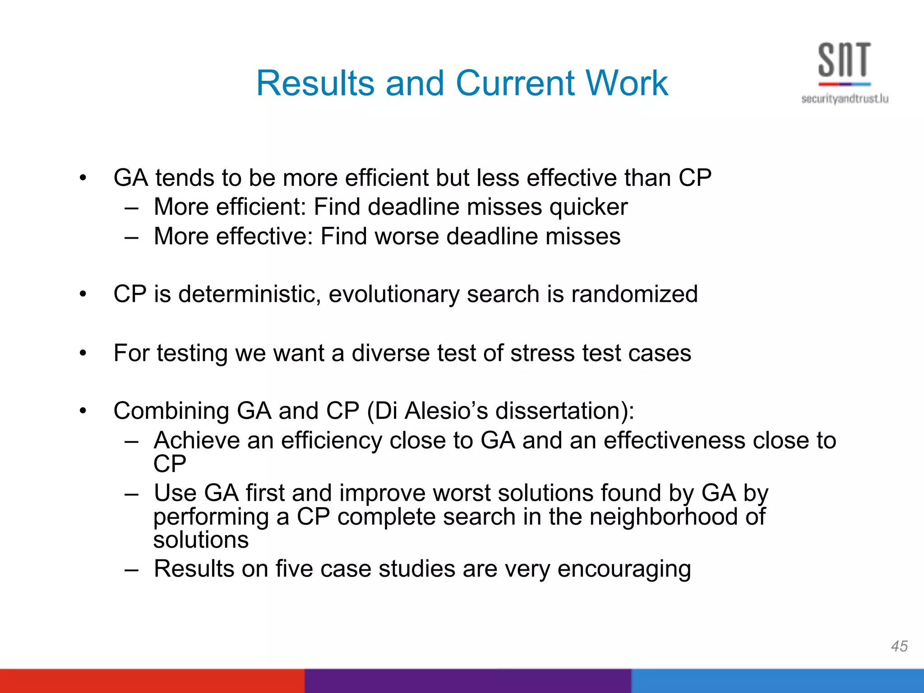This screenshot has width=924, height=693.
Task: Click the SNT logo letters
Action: pos(844,60)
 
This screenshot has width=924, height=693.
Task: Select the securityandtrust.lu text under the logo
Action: pos(845,99)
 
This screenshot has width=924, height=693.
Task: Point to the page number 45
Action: pos(899,646)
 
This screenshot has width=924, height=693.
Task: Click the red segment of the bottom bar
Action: pos(152,681)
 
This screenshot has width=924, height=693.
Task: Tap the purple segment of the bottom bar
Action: pos(467,681)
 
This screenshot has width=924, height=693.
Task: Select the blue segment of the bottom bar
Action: pos(777,681)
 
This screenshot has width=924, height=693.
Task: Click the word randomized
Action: pos(634,294)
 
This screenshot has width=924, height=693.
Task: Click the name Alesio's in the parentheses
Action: pos(446,411)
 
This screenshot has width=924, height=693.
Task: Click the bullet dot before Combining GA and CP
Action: pos(83,411)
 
